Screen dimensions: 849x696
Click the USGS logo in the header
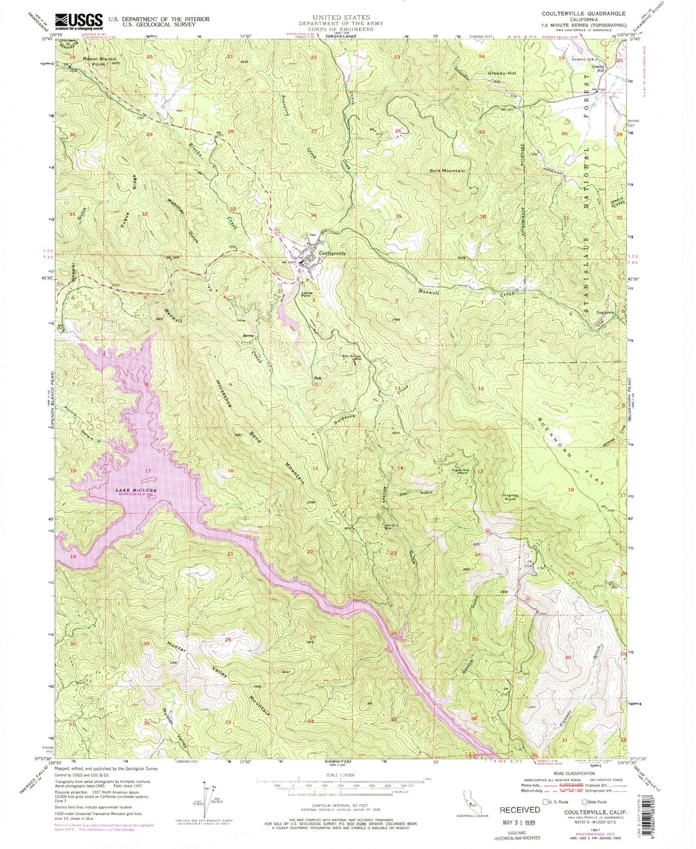pos(79,21)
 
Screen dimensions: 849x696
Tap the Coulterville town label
pos(332,253)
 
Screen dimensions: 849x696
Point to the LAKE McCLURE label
pos(136,491)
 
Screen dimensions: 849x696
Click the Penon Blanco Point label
pos(100,61)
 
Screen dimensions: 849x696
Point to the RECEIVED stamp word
pos(520,809)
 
